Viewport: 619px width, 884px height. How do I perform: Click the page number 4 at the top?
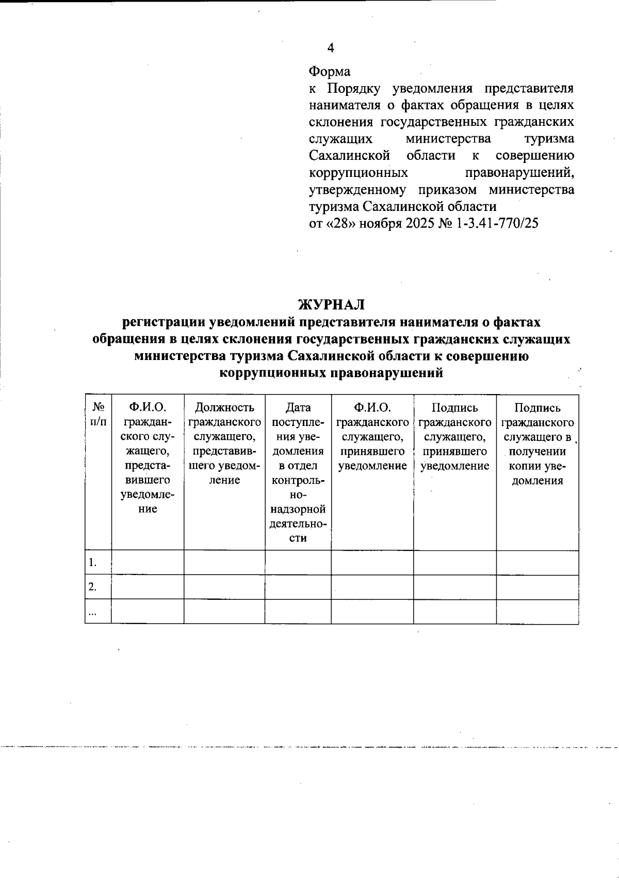pos(331,48)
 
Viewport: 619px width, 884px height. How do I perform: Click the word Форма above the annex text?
pos(330,71)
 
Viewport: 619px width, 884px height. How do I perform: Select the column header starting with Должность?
pos(224,444)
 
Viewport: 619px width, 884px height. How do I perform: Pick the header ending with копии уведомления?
pos(537,444)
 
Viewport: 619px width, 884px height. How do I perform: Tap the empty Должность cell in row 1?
pos(224,563)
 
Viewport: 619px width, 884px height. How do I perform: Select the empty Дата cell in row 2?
pos(298,587)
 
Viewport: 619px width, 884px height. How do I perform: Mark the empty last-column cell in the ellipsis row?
pos(537,612)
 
